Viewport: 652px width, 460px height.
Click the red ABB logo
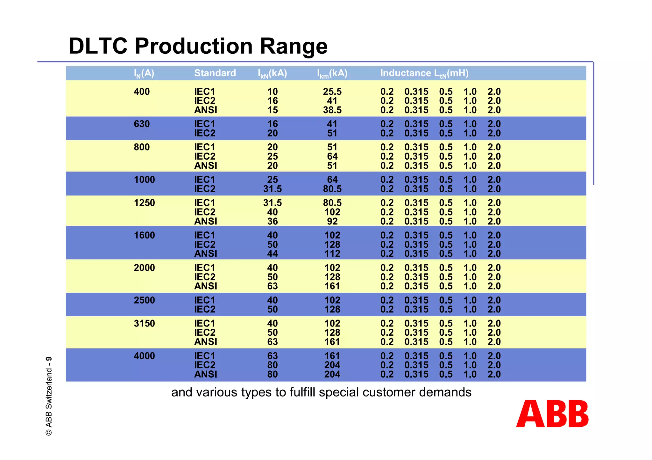coord(552,414)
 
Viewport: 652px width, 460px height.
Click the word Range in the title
coord(294,46)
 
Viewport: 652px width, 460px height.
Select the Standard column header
coord(215,73)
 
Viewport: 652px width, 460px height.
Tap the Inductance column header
coord(424,73)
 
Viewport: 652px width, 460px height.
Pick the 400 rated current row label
coord(142,92)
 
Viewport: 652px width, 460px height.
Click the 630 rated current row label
coord(142,124)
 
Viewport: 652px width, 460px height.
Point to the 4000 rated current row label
coord(144,356)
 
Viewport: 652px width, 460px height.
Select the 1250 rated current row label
coord(144,203)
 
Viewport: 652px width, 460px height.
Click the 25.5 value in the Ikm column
coord(332,92)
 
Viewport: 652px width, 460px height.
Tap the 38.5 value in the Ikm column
coord(332,110)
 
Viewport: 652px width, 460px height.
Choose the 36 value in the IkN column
coord(273,221)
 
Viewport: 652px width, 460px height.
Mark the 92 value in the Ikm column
coord(332,221)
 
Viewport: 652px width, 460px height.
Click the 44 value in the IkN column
coord(273,254)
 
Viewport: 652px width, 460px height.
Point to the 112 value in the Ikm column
coord(332,254)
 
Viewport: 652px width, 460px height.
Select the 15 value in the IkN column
coord(273,110)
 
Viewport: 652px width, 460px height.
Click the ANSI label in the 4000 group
coord(206,374)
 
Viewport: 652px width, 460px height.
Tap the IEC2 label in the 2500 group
coord(205,309)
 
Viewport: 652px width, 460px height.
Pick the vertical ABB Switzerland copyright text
coord(49,396)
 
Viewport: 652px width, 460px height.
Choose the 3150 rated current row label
coord(144,323)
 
